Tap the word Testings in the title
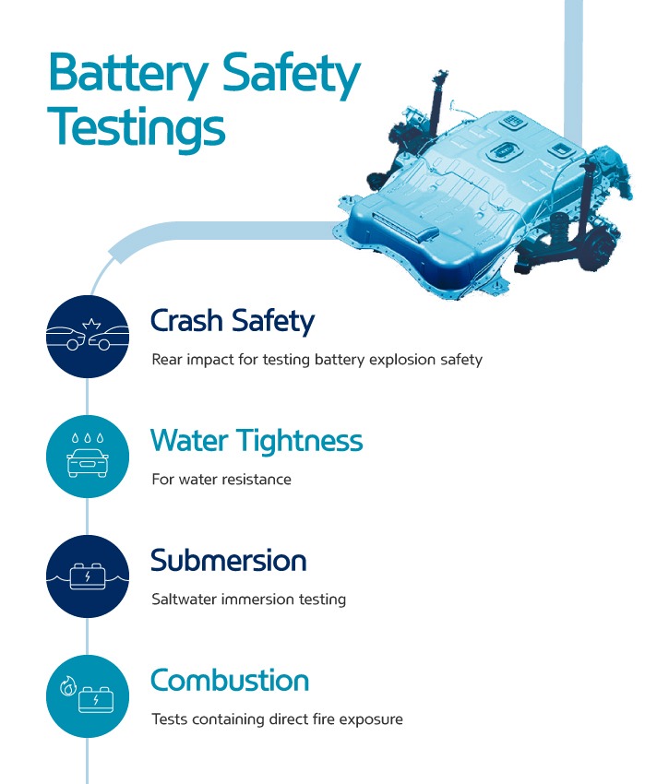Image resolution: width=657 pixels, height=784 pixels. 136,126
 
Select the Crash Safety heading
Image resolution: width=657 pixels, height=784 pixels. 233,321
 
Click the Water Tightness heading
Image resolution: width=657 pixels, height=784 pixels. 257,441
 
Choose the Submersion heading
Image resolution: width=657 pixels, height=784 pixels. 229,560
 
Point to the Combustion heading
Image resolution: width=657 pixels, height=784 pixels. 230,680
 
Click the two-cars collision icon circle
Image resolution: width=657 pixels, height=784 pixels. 88,337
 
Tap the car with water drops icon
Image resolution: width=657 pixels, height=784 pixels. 88,457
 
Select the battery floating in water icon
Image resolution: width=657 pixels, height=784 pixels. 88,576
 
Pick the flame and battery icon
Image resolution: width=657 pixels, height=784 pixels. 88,696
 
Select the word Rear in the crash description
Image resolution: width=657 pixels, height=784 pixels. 167,360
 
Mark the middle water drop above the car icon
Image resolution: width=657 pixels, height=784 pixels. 88,438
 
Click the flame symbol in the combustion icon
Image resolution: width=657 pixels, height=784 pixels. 68,685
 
